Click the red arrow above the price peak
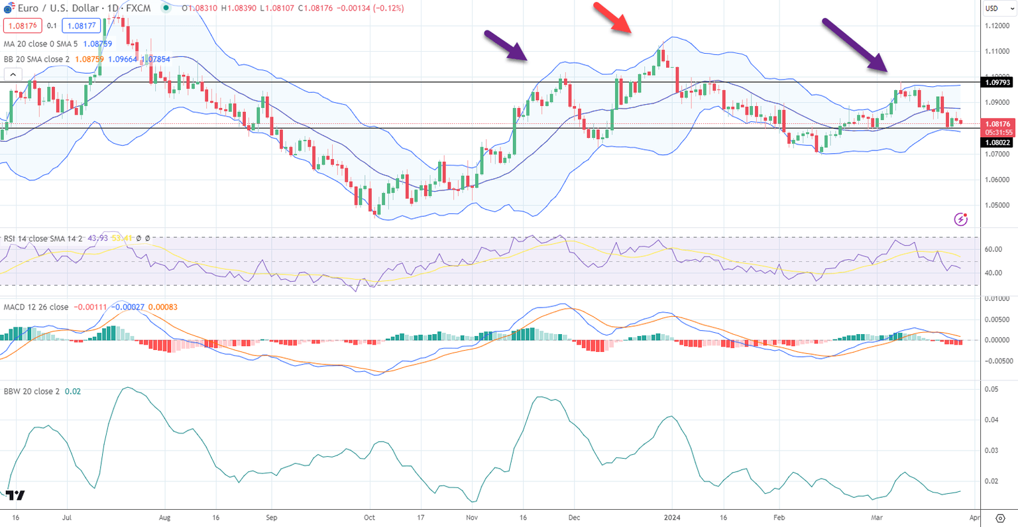click(612, 18)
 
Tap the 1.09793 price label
click(997, 83)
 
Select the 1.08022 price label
click(997, 143)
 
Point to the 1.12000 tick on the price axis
click(997, 26)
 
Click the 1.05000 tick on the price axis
click(997, 205)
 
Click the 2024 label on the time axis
click(672, 517)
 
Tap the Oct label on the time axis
click(369, 517)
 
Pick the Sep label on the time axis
click(271, 517)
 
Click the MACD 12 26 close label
click(36, 307)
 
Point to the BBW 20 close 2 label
click(32, 391)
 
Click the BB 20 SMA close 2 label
click(37, 59)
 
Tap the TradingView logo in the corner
click(16, 495)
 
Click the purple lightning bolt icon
click(960, 219)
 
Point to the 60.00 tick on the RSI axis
click(993, 250)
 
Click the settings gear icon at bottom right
click(1000, 517)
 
